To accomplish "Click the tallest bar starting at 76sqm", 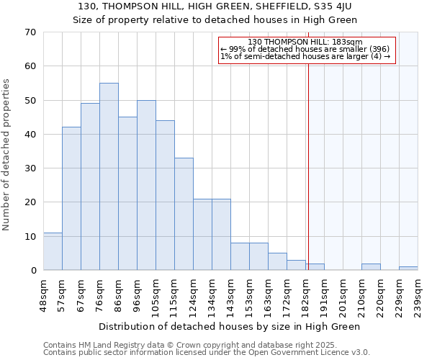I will coord(109,176).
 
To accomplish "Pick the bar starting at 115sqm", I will coord(184,214).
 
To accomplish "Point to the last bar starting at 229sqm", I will coord(408,269).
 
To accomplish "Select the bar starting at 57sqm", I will coord(71,198).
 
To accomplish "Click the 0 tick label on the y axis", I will coord(32,271).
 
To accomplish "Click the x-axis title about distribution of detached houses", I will coord(229,326).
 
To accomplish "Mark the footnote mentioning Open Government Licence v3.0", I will coord(207,353).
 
